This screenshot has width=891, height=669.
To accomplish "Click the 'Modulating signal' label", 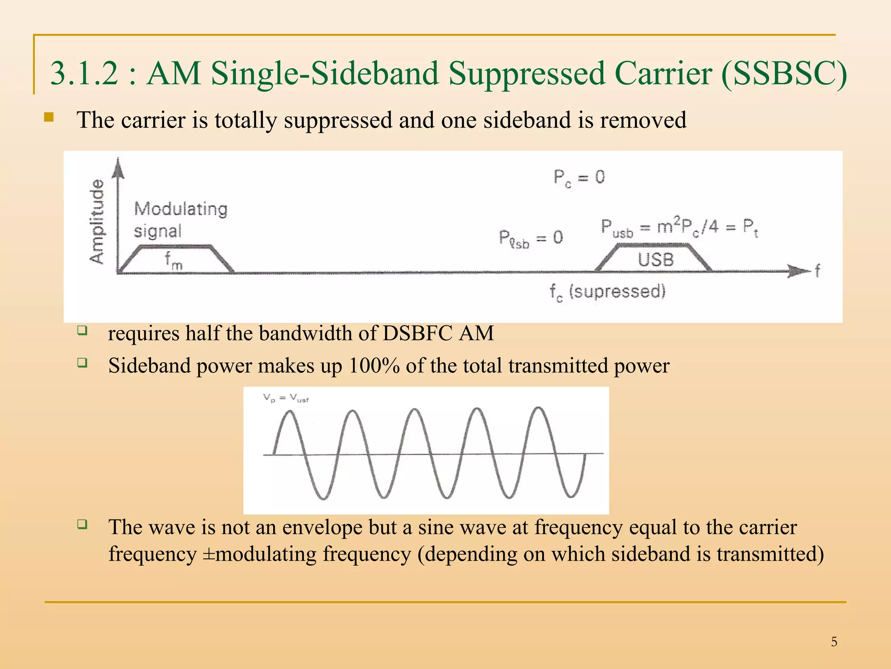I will tap(180, 220).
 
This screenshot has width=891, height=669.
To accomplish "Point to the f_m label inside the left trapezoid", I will tap(173, 260).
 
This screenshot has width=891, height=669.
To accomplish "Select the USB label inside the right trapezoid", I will tap(656, 260).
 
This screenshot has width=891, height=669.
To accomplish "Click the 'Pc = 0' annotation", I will tap(579, 178).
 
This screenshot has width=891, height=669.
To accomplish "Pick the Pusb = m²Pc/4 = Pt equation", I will tap(679, 228).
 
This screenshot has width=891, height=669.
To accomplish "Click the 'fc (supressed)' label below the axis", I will tap(607, 291).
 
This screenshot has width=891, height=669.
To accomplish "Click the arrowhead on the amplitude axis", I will tap(118, 168).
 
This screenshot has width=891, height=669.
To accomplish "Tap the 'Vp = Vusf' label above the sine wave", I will tap(285, 398).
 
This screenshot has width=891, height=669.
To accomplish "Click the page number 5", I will tap(834, 642).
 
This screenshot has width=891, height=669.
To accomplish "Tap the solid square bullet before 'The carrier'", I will tap(49, 118).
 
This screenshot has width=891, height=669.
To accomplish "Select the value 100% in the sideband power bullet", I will tap(374, 366).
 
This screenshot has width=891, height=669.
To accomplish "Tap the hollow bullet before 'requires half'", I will tap(83, 331).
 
